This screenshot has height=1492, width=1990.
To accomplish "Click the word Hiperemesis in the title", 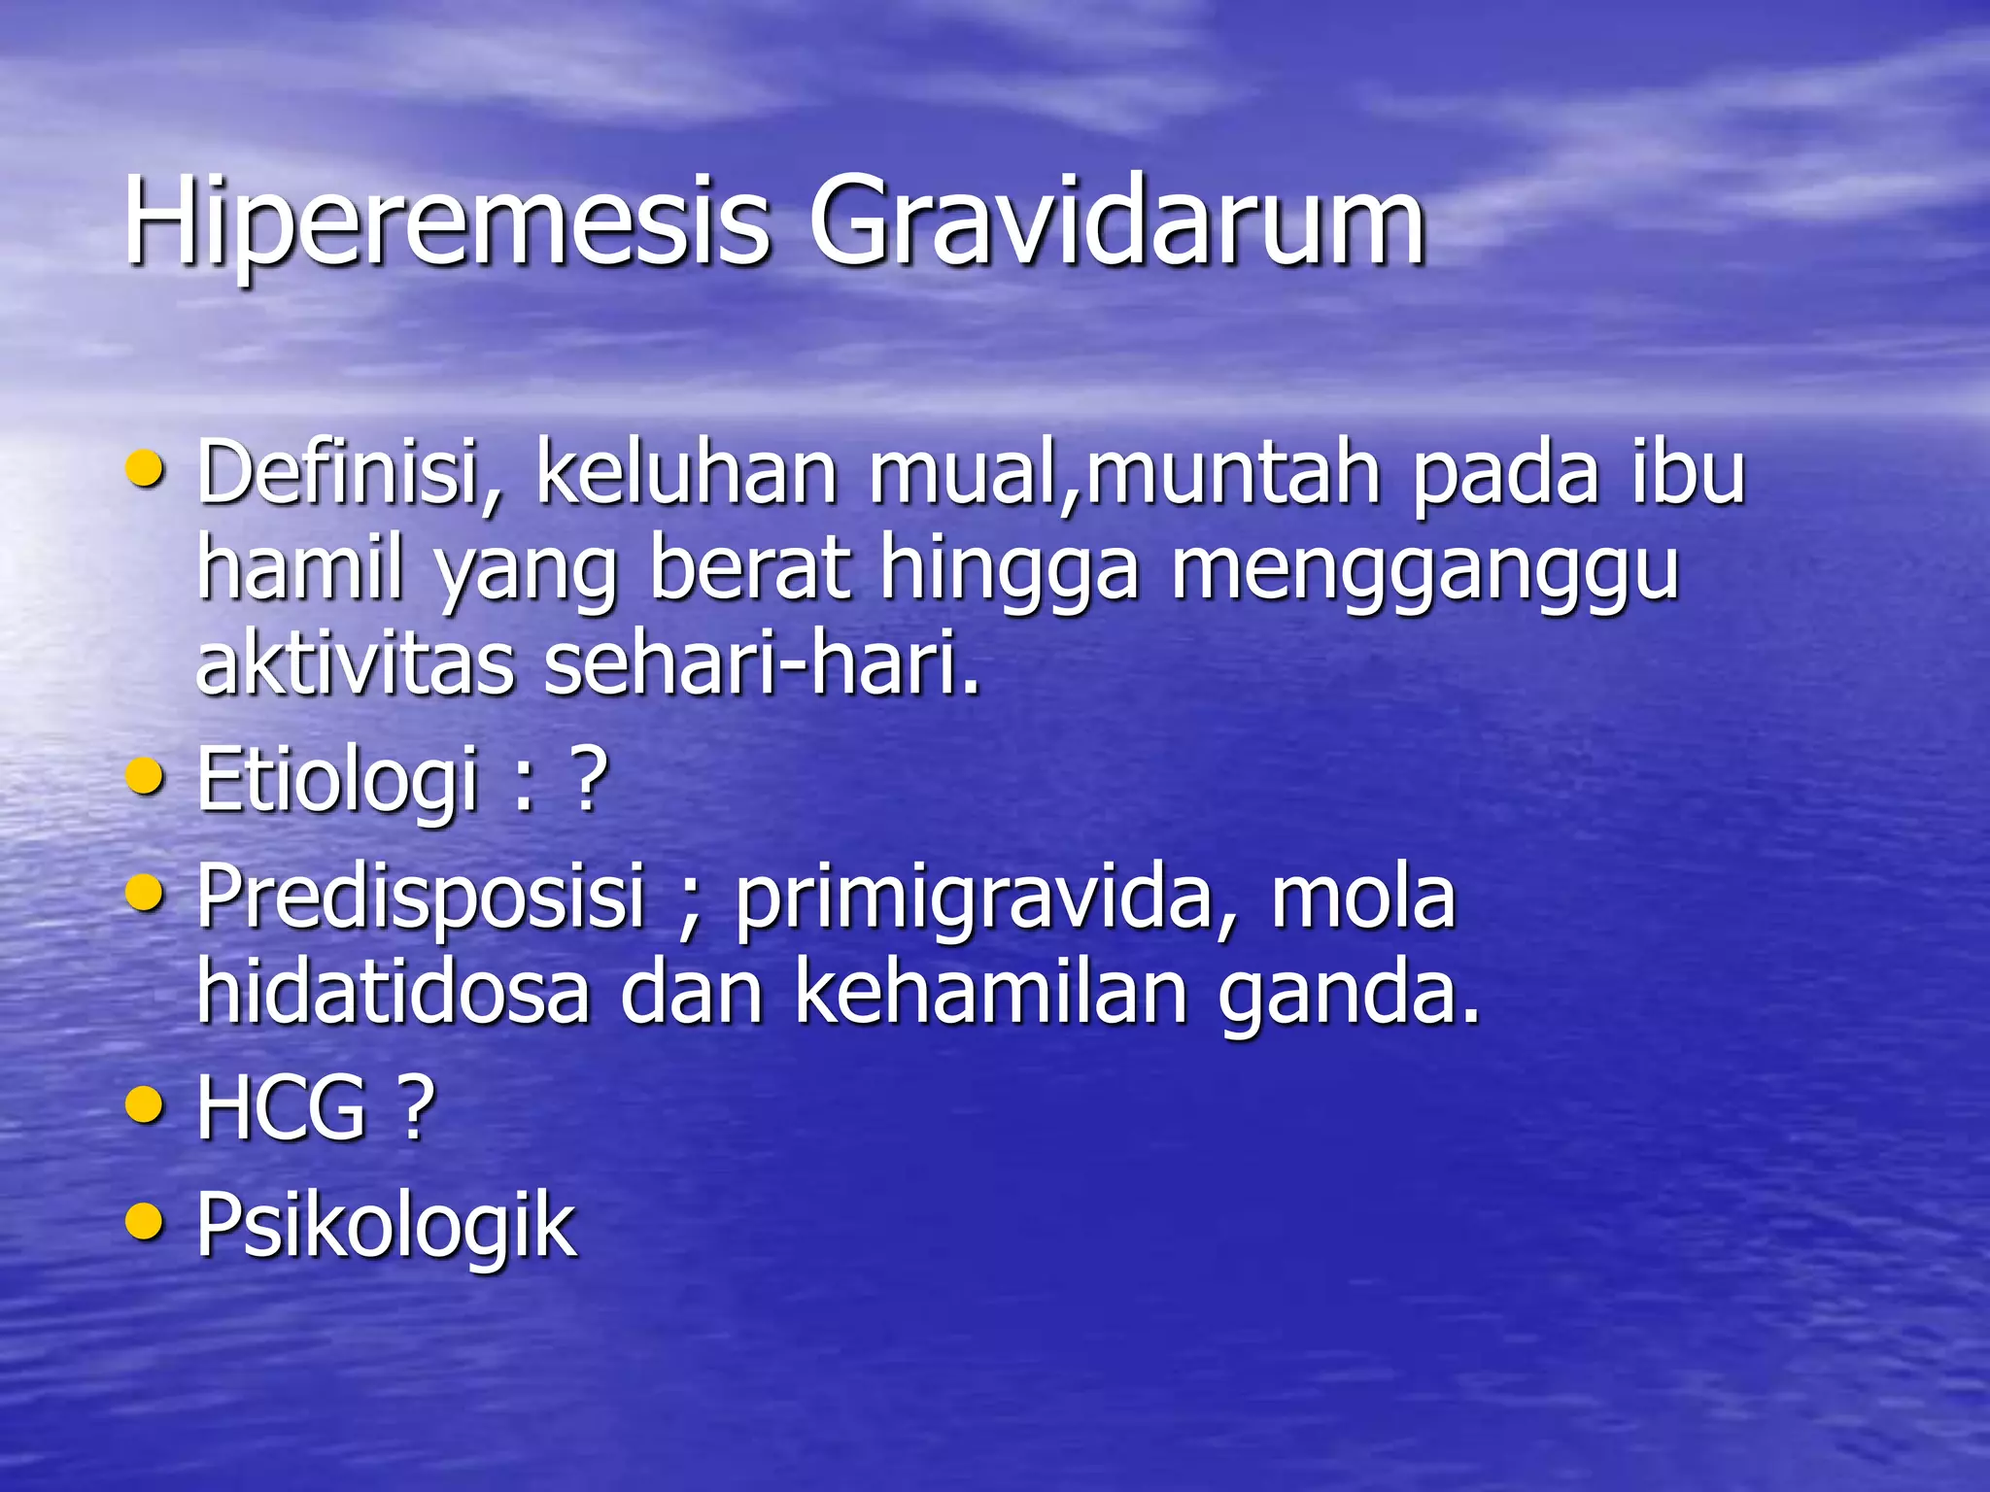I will pos(447,221).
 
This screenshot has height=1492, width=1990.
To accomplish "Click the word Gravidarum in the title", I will pos(1117,221).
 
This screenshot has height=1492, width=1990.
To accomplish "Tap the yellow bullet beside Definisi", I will pos(145,469).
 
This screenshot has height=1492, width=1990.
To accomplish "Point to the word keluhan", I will pos(686,473).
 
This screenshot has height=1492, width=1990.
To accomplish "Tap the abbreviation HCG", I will pos(282,1107).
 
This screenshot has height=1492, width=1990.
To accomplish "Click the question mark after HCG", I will pos(415,1107).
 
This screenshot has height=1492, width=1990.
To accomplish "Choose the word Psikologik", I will pos(386,1226).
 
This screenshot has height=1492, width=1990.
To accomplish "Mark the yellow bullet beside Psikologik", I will pos(145,1220).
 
